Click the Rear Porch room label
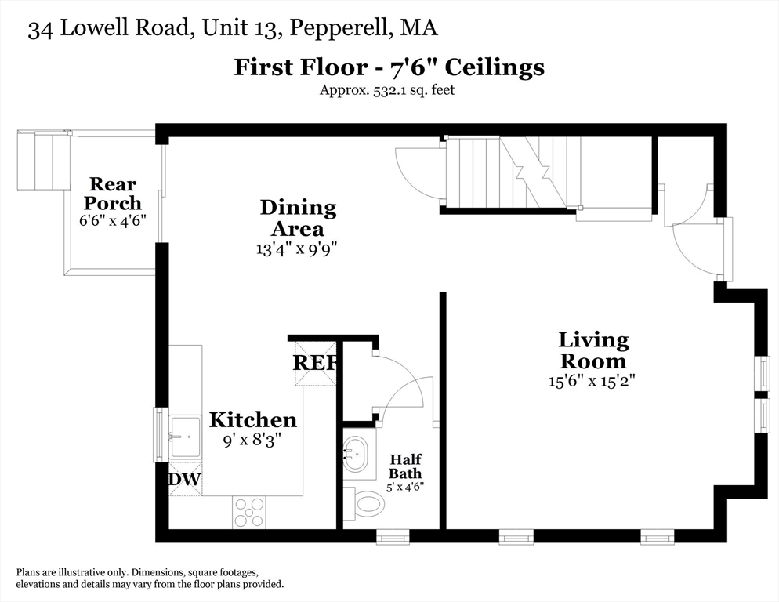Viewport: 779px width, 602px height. point(113,194)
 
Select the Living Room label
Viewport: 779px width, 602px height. point(592,350)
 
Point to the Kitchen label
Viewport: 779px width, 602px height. point(252,419)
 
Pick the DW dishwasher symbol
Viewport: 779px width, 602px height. point(185,480)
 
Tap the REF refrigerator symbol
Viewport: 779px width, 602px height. point(315,363)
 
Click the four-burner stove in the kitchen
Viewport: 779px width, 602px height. point(248,512)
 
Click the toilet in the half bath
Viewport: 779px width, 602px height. point(364,502)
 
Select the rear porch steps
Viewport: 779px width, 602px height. point(42,161)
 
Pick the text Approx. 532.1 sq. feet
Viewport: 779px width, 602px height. point(386,89)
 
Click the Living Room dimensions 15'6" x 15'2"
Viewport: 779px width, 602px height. point(592,382)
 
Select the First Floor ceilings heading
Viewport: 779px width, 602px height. point(389,67)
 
